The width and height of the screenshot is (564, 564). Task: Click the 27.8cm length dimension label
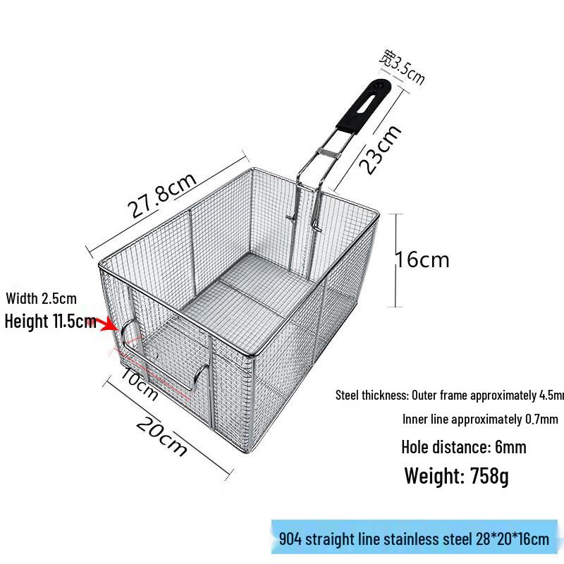161,198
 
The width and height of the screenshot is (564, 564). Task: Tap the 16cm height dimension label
422,259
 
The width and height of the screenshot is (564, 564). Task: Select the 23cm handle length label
381,149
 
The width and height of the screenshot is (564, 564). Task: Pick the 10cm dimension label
139,384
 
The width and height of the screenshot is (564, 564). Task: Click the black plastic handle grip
363,106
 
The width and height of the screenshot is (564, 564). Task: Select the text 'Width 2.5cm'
42,299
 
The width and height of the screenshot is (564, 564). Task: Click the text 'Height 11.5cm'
50,322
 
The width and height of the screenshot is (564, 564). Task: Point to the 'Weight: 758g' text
456,476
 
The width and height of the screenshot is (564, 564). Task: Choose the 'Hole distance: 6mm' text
463,447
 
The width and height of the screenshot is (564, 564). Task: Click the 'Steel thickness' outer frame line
450,395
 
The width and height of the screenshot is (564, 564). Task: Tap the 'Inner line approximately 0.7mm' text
480,419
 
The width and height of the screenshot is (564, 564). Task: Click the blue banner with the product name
414,540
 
